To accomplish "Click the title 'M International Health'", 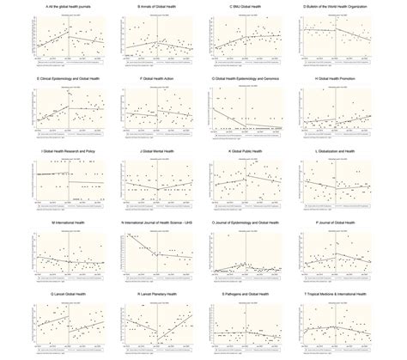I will point(62,221).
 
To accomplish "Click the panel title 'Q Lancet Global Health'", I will point(62,293).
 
